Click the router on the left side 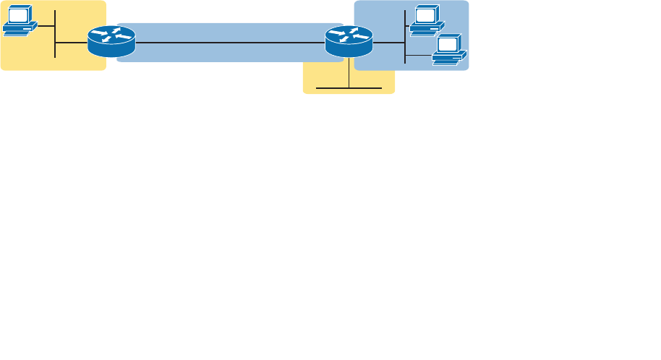coord(111,41)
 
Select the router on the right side coord(349,41)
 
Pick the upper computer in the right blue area coord(426,20)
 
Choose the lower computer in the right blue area coord(449,51)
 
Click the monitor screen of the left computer coord(17,16)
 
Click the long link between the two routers coord(230,43)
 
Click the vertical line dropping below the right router coord(349,72)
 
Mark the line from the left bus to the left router coord(71,43)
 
